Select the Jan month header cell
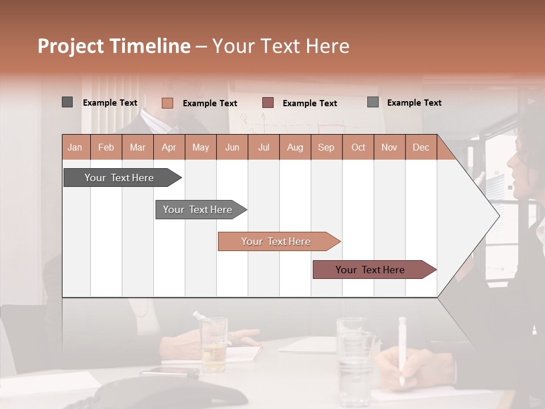pyautogui.click(x=75, y=147)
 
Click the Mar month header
pyautogui.click(x=137, y=147)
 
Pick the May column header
pyautogui.click(x=200, y=147)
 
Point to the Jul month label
pyautogui.click(x=263, y=147)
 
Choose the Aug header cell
pyautogui.click(x=295, y=147)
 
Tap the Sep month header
pyautogui.click(x=326, y=147)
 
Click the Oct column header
pyautogui.click(x=358, y=147)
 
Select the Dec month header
pyautogui.click(x=421, y=147)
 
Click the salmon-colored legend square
pyautogui.click(x=167, y=103)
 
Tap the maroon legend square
pyautogui.click(x=268, y=102)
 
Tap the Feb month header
pyautogui.click(x=106, y=147)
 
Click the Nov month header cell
pyautogui.click(x=389, y=147)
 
